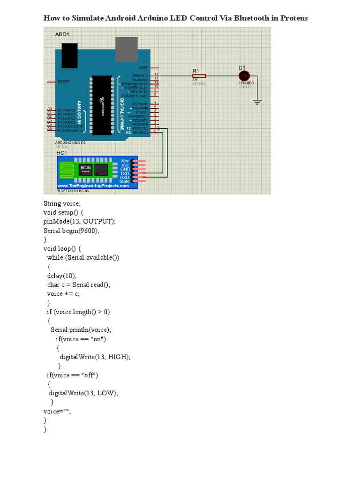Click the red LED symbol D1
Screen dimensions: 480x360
[244, 75]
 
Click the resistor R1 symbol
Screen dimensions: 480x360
[199, 75]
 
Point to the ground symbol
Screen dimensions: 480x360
[257, 100]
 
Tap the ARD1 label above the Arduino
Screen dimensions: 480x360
[62, 34]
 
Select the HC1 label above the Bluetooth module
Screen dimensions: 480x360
[61, 153]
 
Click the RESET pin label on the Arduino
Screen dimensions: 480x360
[63, 82]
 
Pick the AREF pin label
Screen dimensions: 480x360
[143, 68]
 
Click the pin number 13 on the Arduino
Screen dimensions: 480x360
[156, 75]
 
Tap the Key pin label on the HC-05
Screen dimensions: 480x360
[125, 160]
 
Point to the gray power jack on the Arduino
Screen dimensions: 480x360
[127, 50]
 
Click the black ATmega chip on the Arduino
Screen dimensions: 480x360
[102, 105]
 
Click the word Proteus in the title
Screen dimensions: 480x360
[294, 18]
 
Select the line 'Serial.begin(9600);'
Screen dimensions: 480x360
[72, 231]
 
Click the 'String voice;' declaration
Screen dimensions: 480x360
[62, 203]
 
